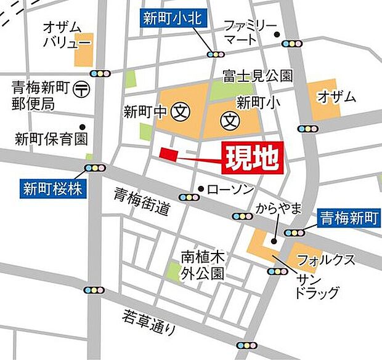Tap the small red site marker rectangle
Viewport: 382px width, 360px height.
tap(168, 153)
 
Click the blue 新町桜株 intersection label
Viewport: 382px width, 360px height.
tap(53, 188)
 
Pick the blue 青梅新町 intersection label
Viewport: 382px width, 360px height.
tap(349, 217)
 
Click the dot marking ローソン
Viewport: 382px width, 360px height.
tap(200, 189)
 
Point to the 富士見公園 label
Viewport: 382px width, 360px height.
tap(258, 76)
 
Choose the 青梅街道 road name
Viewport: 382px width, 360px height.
tap(141, 202)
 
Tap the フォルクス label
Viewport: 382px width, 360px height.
tap(326, 259)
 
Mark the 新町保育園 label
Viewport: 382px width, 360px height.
tap(52, 138)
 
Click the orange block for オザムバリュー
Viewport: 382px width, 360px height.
tap(83, 50)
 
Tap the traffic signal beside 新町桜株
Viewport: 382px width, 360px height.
tap(95, 168)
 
